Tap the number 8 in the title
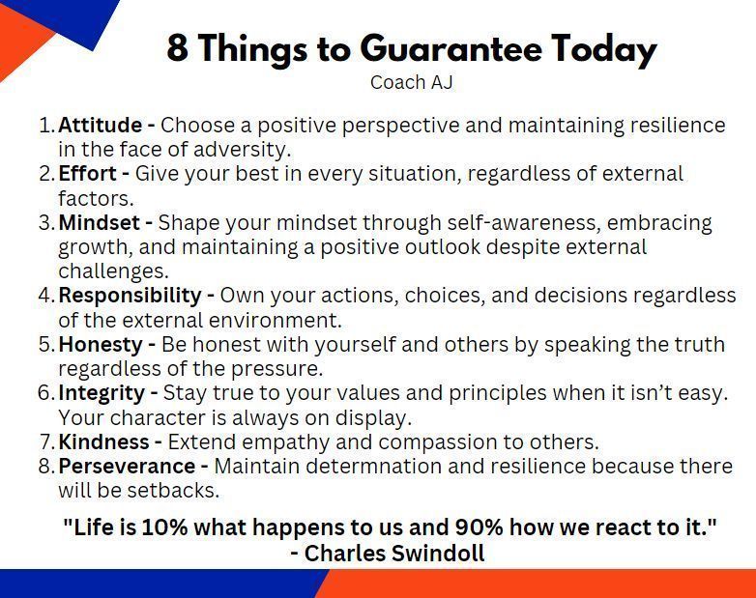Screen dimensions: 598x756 [177, 48]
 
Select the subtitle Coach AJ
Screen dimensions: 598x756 [411, 82]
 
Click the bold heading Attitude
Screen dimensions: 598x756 [101, 125]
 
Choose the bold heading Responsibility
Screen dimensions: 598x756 [130, 295]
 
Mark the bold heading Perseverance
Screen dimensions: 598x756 [127, 466]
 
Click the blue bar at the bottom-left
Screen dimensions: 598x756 [145, 584]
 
